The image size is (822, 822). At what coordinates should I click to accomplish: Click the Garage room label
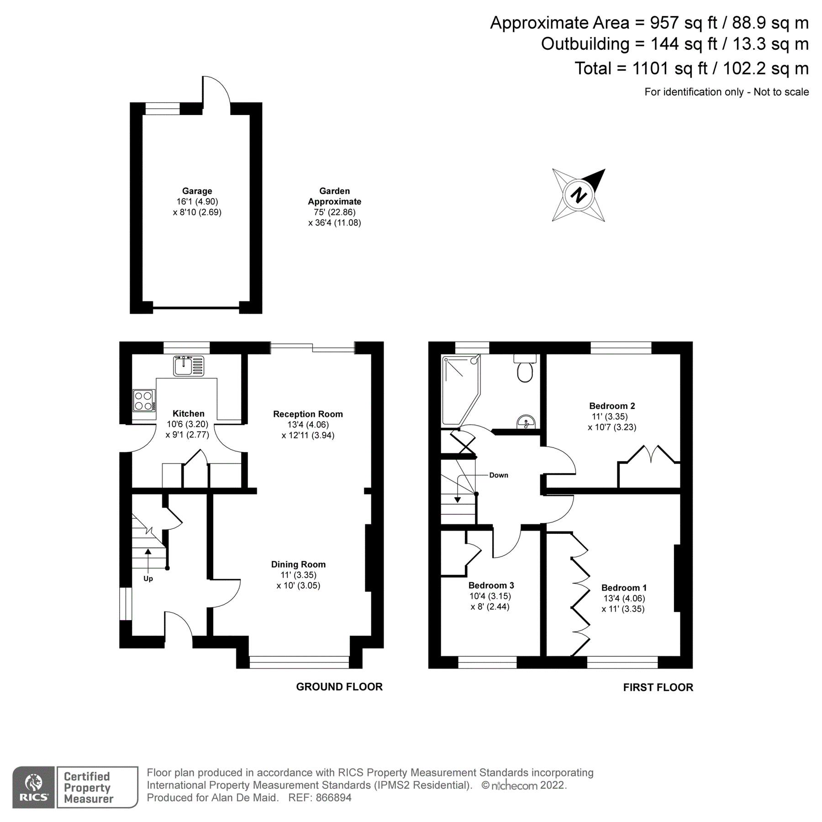pyautogui.click(x=197, y=191)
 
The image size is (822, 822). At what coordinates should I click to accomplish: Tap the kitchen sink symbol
pyautogui.click(x=188, y=366)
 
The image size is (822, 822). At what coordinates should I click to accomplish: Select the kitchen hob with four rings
pyautogui.click(x=143, y=400)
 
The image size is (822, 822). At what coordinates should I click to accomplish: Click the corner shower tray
pyautogui.click(x=459, y=388)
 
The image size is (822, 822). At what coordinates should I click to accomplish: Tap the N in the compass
pyautogui.click(x=579, y=195)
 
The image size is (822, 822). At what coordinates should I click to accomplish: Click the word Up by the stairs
pyautogui.click(x=148, y=579)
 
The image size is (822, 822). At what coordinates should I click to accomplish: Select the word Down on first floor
pyautogui.click(x=498, y=475)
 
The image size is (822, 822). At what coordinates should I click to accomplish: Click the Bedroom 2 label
pyautogui.click(x=612, y=406)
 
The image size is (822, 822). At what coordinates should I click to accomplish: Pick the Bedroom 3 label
pyautogui.click(x=491, y=585)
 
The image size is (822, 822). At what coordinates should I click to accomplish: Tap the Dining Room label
pyautogui.click(x=298, y=564)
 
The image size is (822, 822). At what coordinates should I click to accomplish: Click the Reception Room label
pyautogui.click(x=308, y=414)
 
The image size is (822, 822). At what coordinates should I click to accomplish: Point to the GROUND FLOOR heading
pyautogui.click(x=339, y=687)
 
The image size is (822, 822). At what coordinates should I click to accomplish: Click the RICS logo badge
pyautogui.click(x=33, y=787)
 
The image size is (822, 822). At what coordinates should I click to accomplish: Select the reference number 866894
pyautogui.click(x=333, y=798)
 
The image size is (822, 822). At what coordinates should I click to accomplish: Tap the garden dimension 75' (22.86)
pyautogui.click(x=334, y=212)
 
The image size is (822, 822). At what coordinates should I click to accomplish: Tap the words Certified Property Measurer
pyautogui.click(x=88, y=788)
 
